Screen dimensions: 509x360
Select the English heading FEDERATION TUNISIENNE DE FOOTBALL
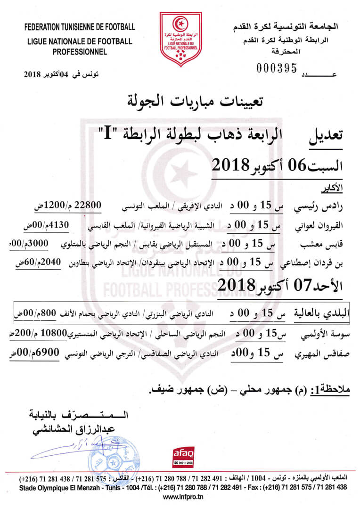[79, 26]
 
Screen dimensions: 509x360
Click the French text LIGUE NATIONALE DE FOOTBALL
[79, 41]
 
